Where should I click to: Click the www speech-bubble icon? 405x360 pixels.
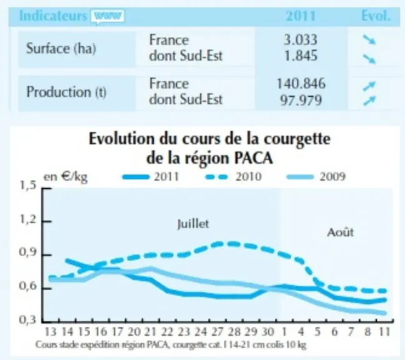pyautogui.click(x=107, y=17)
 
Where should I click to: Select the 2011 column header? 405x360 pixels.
pyautogui.click(x=301, y=16)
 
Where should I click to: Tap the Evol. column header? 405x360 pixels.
pyautogui.click(x=376, y=16)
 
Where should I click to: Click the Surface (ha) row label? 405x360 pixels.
pyautogui.click(x=61, y=49)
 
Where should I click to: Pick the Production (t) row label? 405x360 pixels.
pyautogui.click(x=66, y=92)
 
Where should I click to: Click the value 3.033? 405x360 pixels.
pyautogui.click(x=301, y=40)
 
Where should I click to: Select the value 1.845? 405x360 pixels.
pyautogui.click(x=301, y=56)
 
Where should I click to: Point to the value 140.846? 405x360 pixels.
pyautogui.click(x=301, y=84)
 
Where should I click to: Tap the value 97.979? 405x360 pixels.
pyautogui.click(x=301, y=100)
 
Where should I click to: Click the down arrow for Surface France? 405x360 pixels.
pyautogui.click(x=369, y=40)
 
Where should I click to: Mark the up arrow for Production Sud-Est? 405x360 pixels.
pyautogui.click(x=369, y=101)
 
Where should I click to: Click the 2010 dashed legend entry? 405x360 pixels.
pyautogui.click(x=234, y=177)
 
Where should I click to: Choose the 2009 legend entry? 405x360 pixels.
pyautogui.click(x=316, y=177)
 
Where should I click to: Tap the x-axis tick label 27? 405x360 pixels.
pyautogui.click(x=217, y=332)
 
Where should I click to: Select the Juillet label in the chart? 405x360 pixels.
pyautogui.click(x=193, y=224)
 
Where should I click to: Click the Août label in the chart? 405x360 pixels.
pyautogui.click(x=340, y=232)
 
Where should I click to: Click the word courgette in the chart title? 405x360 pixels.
pyautogui.click(x=297, y=139)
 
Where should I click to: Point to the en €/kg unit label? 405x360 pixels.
pyautogui.click(x=66, y=177)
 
